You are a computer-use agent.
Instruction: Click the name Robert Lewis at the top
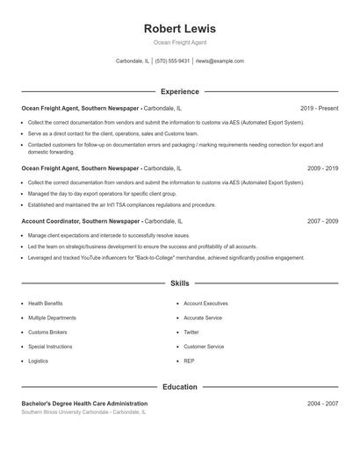tap(179, 28)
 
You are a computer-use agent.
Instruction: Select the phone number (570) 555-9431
tap(173, 61)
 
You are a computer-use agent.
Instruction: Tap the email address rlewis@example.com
tap(220, 61)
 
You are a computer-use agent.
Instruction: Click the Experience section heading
tap(179, 91)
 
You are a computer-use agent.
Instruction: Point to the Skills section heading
tap(179, 283)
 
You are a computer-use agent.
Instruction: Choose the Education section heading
tap(179, 387)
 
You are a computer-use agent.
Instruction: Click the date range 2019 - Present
tap(319, 108)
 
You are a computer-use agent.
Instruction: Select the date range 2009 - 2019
tap(322, 168)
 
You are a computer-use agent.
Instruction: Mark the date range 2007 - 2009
tap(322, 221)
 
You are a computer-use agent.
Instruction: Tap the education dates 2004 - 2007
tap(322, 404)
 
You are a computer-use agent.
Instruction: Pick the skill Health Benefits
tap(46, 304)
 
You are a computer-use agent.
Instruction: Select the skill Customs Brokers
tap(47, 333)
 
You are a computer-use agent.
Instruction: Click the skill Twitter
tap(191, 333)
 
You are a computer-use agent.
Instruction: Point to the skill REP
tap(189, 361)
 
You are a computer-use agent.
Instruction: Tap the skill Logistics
tap(39, 361)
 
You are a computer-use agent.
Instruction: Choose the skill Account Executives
tap(205, 304)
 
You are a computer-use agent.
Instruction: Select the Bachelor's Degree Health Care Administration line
tap(84, 404)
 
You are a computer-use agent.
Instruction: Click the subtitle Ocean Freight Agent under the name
tap(179, 42)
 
